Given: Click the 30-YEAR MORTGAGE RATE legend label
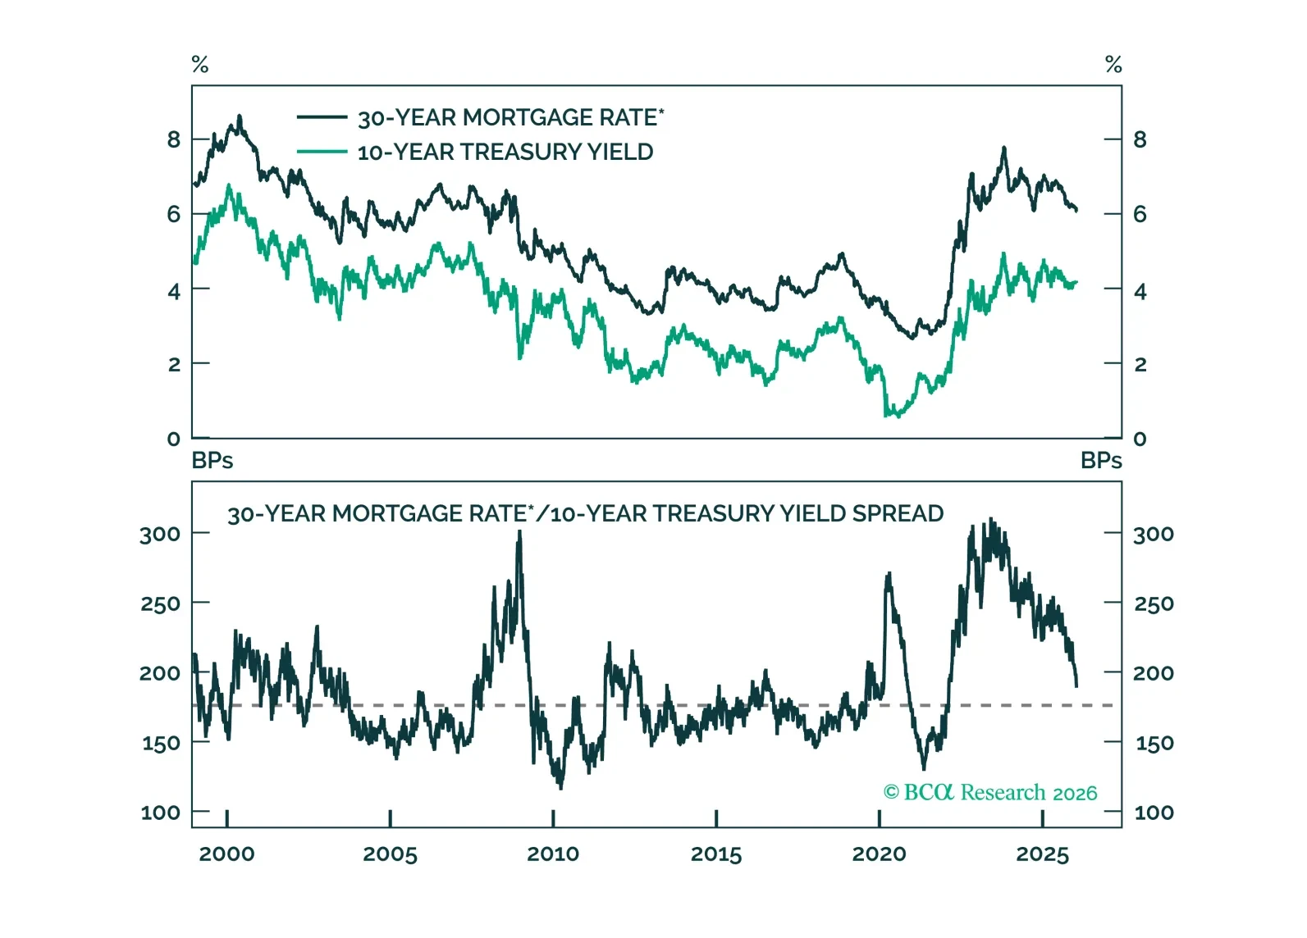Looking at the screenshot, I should click(510, 118).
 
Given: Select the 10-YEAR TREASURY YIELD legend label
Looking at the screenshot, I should click(505, 153).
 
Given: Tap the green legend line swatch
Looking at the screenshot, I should click(322, 152).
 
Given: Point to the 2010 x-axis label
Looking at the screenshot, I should click(553, 854).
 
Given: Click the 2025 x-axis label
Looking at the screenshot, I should click(1042, 854).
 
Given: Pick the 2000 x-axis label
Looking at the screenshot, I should click(226, 854).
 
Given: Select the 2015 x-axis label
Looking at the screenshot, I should click(716, 854).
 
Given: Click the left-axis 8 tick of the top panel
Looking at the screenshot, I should click(174, 139).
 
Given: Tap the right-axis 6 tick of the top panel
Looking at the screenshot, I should click(1140, 214).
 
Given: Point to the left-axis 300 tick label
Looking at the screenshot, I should click(160, 534).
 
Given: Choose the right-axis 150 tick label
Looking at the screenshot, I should click(1154, 744).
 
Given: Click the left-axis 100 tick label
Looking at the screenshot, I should click(160, 813).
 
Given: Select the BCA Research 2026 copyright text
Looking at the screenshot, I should click(990, 793).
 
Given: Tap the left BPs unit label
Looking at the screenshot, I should click(213, 461).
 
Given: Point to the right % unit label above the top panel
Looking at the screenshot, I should click(1113, 64).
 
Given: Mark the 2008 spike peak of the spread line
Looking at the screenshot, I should click(519, 532).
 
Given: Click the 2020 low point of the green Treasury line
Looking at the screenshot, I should click(886, 416).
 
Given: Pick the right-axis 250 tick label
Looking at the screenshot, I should click(1154, 604).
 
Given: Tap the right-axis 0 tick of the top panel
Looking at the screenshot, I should click(1140, 439).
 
